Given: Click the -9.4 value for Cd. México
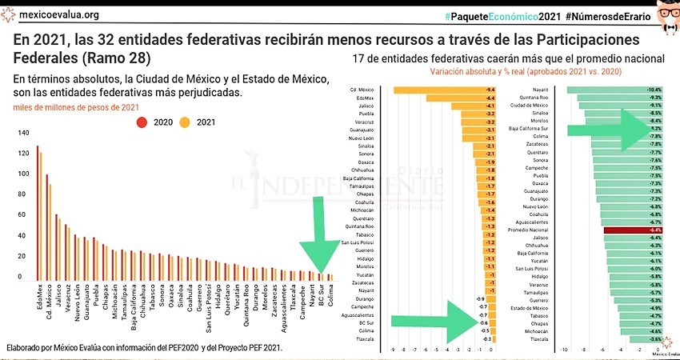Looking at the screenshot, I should click(490, 89).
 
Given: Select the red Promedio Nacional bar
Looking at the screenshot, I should click(633, 230).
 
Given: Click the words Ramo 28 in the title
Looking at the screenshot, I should click(120, 58).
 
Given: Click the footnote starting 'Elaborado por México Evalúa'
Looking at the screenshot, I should click(144, 349).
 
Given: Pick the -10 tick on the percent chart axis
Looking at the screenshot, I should click(564, 350).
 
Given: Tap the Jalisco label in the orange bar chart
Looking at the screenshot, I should click(369, 106).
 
